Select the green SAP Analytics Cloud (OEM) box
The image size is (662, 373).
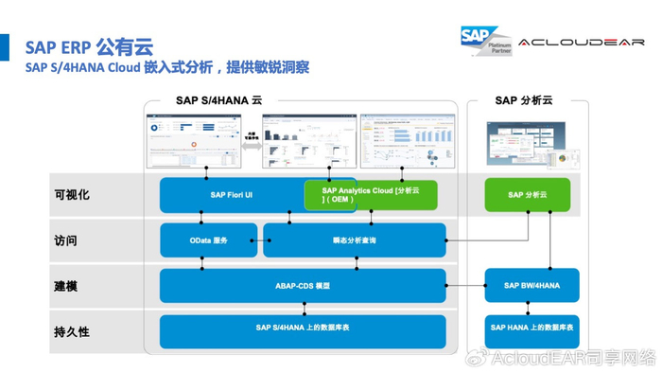click(x=371, y=195)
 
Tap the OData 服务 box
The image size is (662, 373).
click(x=208, y=240)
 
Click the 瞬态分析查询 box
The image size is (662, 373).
click(x=354, y=240)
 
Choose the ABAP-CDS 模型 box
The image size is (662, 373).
click(x=303, y=285)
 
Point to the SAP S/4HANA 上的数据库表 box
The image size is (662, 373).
click(x=303, y=329)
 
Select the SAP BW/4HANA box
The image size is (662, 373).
click(x=531, y=285)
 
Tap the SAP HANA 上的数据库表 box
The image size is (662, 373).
click(x=531, y=329)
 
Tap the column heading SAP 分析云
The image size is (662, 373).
click(x=523, y=100)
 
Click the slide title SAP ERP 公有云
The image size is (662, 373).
click(x=89, y=46)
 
